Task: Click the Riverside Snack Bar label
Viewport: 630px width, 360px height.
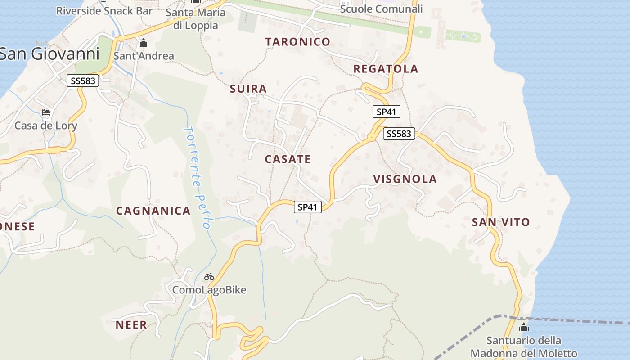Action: pyautogui.click(x=104, y=11)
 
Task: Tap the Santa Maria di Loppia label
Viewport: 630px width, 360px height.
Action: pyautogui.click(x=195, y=18)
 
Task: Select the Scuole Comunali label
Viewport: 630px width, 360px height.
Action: pyautogui.click(x=381, y=9)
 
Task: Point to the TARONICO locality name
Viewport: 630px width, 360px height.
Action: pyautogui.click(x=298, y=42)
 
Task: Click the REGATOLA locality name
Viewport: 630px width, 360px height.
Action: pyautogui.click(x=386, y=69)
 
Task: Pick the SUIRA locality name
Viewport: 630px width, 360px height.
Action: pyautogui.click(x=248, y=89)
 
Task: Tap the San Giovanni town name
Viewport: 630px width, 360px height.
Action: pyautogui.click(x=49, y=54)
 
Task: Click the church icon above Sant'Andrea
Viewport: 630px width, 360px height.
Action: pyautogui.click(x=144, y=43)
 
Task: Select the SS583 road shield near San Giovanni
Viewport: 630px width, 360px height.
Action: pyautogui.click(x=83, y=81)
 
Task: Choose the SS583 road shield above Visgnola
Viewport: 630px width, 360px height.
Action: pyautogui.click(x=399, y=134)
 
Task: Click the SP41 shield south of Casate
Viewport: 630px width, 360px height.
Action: pyautogui.click(x=308, y=207)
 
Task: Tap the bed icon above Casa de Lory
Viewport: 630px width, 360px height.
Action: pyautogui.click(x=46, y=112)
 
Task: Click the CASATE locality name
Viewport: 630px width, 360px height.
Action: pyautogui.click(x=288, y=159)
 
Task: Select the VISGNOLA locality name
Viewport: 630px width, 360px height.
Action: pyautogui.click(x=405, y=179)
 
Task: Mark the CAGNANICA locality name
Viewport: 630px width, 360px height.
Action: pyautogui.click(x=153, y=211)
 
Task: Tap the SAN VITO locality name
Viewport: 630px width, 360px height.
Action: pyautogui.click(x=501, y=222)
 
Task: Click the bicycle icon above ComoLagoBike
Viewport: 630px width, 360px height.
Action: pyautogui.click(x=209, y=277)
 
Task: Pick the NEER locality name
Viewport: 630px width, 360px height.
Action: pyautogui.click(x=131, y=325)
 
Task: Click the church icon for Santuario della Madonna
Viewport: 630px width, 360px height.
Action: pyautogui.click(x=524, y=327)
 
